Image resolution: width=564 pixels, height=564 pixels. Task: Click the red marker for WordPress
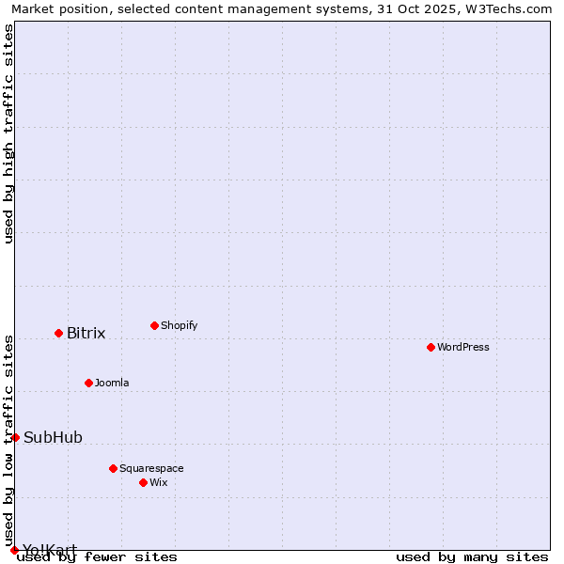tap(431, 347)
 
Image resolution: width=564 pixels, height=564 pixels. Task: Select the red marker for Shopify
tap(154, 325)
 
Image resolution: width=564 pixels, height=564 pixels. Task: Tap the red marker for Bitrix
tap(58, 333)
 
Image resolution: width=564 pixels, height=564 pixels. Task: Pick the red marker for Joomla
tap(88, 383)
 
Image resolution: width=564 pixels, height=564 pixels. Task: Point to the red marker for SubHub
tap(15, 437)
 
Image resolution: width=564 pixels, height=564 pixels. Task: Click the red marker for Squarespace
tap(113, 468)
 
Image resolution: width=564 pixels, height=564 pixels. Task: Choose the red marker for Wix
tap(143, 482)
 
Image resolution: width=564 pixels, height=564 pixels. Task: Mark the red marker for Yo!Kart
tap(14, 550)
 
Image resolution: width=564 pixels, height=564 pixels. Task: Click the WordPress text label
tap(463, 347)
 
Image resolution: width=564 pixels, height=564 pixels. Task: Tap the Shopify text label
tap(180, 325)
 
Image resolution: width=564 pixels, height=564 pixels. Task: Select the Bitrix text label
tap(86, 333)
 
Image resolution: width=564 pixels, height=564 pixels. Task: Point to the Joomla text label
tap(112, 383)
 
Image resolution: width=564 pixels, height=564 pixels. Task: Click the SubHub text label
tap(53, 437)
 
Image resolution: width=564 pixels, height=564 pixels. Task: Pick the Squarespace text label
tap(151, 468)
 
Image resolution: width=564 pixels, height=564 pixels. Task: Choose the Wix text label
tap(159, 482)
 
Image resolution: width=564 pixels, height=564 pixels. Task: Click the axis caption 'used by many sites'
tap(472, 556)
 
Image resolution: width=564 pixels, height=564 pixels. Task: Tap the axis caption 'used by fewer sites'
tap(98, 556)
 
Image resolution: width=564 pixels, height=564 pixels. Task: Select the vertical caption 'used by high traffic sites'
tap(8, 133)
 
